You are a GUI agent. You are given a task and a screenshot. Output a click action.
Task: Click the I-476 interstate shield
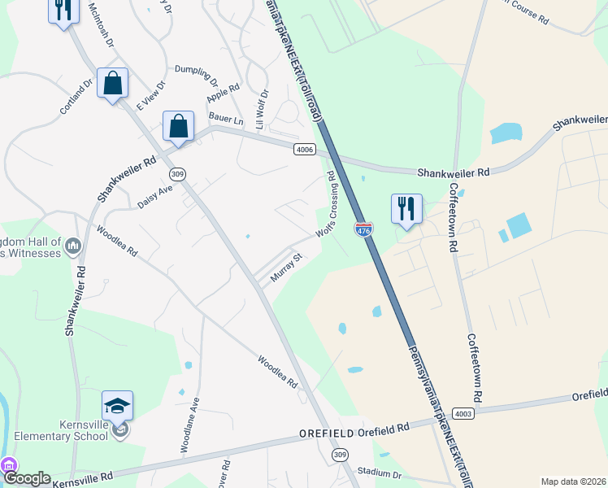[x=363, y=230]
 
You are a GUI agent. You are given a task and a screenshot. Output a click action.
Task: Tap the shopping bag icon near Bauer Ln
[x=178, y=127]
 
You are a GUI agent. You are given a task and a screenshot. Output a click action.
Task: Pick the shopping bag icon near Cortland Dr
[x=112, y=83]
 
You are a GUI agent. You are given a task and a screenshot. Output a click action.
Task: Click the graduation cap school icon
[x=117, y=405]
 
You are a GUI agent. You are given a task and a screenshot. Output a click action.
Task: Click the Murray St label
[x=286, y=267]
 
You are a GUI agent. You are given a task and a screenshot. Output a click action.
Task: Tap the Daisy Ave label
[x=155, y=196]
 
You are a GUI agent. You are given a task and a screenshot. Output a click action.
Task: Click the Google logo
[x=27, y=479]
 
